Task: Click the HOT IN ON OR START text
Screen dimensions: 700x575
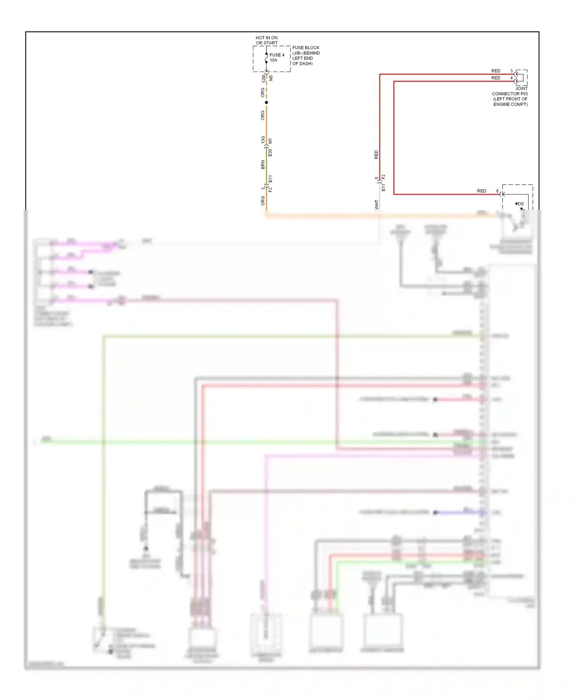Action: point(266,40)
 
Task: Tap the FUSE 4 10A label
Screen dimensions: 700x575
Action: point(277,57)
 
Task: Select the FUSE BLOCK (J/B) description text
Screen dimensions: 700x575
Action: point(306,56)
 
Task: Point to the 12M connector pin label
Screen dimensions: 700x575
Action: point(263,79)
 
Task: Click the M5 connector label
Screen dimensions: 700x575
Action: point(271,78)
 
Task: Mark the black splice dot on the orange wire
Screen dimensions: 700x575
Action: point(266,102)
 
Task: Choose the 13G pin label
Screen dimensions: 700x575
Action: point(263,140)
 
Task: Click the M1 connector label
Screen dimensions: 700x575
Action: point(271,141)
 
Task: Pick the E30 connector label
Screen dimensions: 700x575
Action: point(271,152)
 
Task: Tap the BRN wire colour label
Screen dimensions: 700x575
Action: point(263,165)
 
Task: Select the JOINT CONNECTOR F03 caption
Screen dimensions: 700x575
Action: point(510,96)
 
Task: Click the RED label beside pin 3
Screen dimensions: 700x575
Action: point(496,71)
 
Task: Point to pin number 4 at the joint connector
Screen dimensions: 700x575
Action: point(511,78)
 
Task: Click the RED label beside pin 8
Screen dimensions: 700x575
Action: point(481,191)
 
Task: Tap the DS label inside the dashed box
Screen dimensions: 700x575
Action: point(521,204)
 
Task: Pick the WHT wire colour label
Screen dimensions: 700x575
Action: point(377,204)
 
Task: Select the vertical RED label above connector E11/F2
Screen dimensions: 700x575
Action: point(376,155)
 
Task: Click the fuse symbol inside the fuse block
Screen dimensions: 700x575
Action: point(266,58)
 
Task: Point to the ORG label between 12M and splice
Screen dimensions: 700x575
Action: point(263,92)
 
